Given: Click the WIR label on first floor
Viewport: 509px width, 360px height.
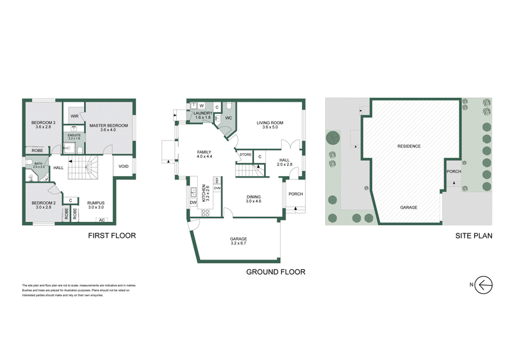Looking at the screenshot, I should (x=74, y=116).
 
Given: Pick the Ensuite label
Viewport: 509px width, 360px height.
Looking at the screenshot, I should (x=74, y=137).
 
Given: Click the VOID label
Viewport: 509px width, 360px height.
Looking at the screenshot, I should (x=123, y=168).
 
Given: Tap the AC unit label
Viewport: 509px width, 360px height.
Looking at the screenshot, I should (x=102, y=221).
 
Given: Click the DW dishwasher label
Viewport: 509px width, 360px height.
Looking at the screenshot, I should (x=193, y=202).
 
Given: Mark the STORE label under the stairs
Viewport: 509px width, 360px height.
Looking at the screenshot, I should (x=245, y=155).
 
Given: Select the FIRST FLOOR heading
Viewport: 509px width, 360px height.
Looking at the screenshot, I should (x=112, y=235).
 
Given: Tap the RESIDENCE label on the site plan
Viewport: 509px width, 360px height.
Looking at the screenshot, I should (x=409, y=146).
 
